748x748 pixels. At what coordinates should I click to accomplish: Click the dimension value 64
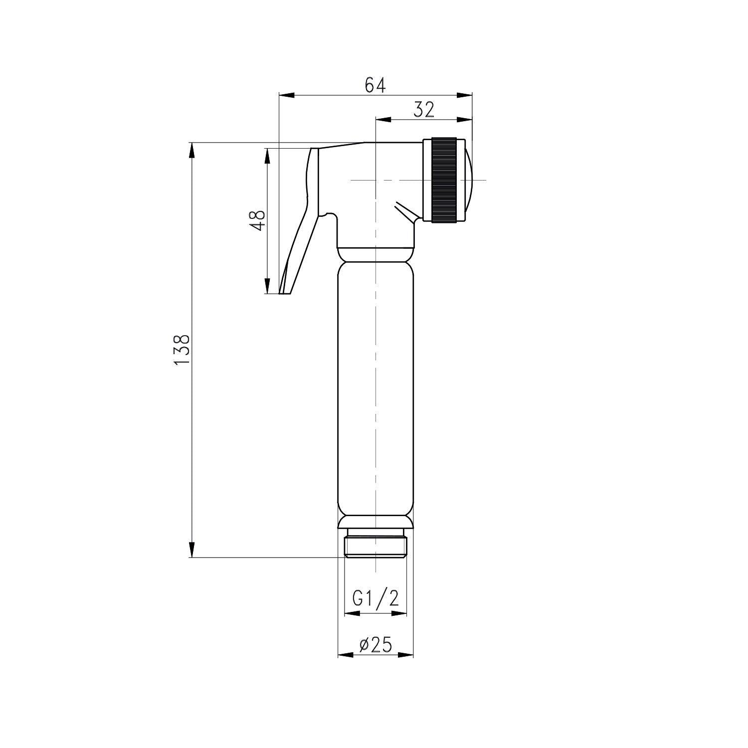[375, 85]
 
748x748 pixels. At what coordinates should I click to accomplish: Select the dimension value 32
[423, 110]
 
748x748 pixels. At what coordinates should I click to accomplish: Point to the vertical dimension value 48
[258, 220]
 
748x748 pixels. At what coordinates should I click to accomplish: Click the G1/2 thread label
[375, 598]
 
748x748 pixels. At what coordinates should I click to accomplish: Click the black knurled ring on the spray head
[444, 180]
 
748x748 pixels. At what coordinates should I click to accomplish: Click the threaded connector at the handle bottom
[375, 547]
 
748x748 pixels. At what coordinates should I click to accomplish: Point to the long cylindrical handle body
[375, 389]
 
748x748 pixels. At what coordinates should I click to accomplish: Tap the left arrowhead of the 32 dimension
[381, 119]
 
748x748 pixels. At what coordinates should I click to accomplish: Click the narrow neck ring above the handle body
[375, 254]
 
